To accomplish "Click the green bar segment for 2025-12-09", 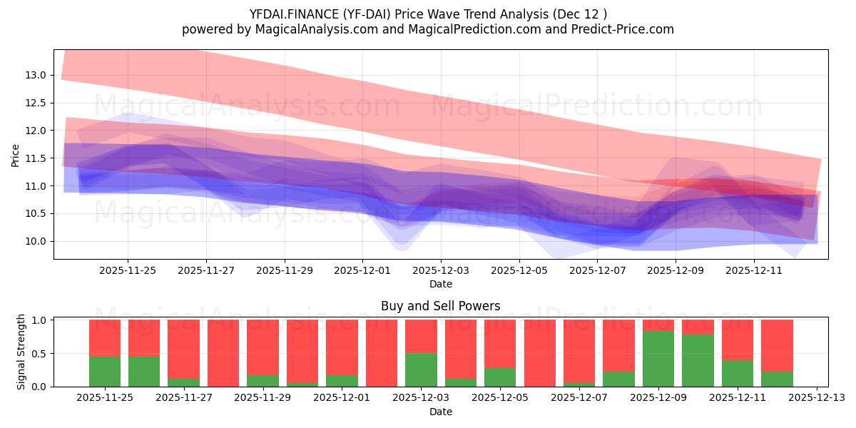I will coord(658,359).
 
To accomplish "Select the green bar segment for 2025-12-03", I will coord(421,370).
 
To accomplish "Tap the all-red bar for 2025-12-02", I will coord(382,353).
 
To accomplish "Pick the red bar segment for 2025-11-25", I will coord(105,337).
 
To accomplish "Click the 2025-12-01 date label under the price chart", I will coord(362,271).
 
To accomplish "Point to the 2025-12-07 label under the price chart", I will coord(597,271).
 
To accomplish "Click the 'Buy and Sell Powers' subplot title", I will coord(440,306).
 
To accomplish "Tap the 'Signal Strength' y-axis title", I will coord(21,352).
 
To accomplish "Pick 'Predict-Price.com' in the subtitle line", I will coord(625,29).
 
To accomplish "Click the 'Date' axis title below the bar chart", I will coord(440,412).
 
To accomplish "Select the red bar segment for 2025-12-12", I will coord(777,345).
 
